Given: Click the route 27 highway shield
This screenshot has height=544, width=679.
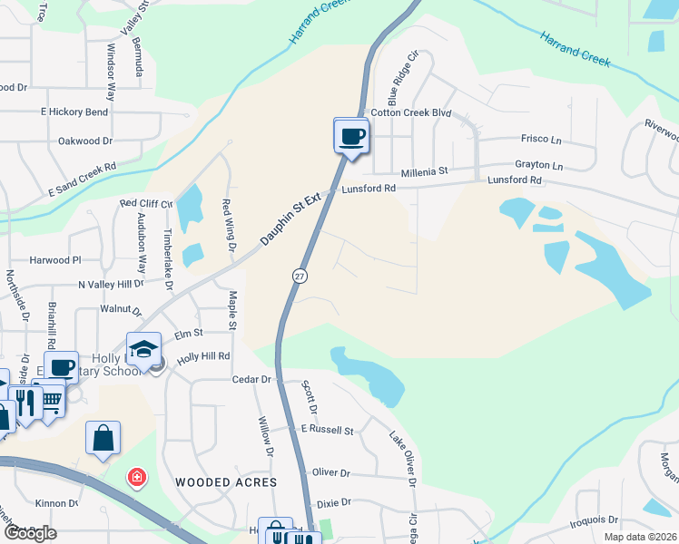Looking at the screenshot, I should point(299,275).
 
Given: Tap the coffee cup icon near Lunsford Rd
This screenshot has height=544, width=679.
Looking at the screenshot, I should point(351,137).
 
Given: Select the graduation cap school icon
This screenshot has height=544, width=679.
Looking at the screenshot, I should point(143,350).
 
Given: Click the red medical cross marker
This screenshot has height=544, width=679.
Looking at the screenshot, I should point(137,476).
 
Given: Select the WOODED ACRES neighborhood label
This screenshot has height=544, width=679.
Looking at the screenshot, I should point(225,482).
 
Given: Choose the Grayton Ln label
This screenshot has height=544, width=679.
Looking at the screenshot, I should point(539,167).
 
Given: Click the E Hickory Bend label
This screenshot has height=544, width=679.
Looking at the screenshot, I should point(74,112).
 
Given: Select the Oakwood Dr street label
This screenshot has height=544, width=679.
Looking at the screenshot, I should point(84,141).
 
